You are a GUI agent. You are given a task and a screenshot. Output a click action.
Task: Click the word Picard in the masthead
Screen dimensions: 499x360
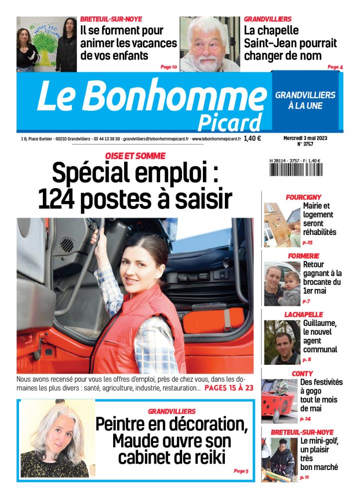(229, 121)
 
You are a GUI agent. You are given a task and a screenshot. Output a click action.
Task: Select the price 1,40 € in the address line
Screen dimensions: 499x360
(252, 139)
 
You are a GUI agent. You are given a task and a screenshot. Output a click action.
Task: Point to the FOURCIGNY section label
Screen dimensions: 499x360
(303, 197)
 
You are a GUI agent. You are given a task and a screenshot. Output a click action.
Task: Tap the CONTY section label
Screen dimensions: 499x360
(303, 373)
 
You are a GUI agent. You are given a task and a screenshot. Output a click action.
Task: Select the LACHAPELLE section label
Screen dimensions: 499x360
(304, 314)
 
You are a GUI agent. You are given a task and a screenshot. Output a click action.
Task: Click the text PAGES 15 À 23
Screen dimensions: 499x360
(229, 387)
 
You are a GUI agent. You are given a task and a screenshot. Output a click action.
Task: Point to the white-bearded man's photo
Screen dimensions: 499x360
(209, 44)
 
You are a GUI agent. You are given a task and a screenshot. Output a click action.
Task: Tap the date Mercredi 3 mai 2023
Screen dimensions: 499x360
(305, 139)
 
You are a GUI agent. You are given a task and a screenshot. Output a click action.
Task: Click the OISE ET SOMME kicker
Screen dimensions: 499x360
(135, 156)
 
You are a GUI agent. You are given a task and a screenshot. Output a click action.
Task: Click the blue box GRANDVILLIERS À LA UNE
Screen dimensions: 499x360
(305, 100)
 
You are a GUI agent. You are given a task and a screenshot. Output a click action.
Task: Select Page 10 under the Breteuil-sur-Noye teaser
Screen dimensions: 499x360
(169, 66)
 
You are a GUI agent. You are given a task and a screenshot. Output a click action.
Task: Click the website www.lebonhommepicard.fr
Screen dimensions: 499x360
(216, 139)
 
